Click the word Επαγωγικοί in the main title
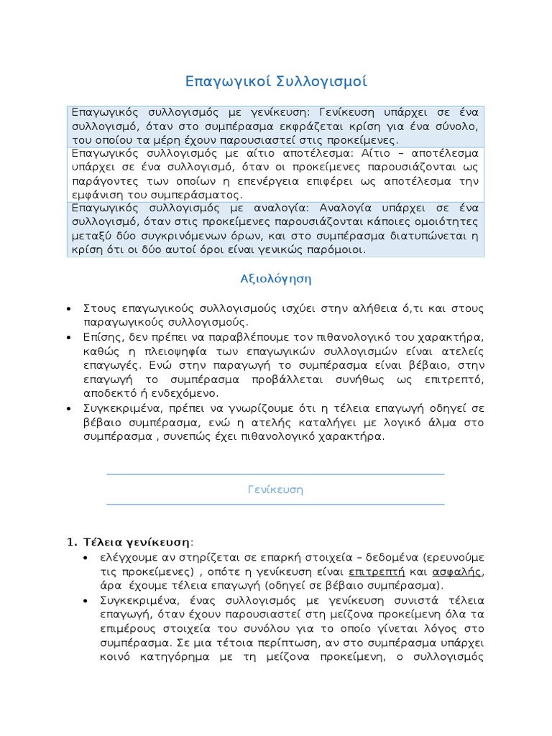coord(226,81)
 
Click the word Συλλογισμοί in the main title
coord(322,81)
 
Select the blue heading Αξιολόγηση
coord(275,278)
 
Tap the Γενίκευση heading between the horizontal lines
coord(275,489)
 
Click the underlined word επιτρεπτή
coord(372,572)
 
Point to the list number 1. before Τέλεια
coord(72,541)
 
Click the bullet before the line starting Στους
coord(68,308)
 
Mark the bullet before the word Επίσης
coord(68,337)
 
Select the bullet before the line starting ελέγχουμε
coord(86,557)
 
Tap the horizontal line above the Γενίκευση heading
coord(275,474)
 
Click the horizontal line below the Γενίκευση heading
coord(275,504)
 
